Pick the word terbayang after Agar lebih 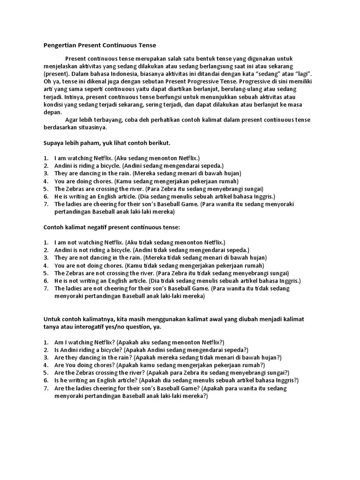pyautogui.click(x=107, y=120)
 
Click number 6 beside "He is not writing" pyautogui.click(x=46, y=280)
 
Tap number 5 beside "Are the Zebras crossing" pyautogui.click(x=46, y=373)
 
